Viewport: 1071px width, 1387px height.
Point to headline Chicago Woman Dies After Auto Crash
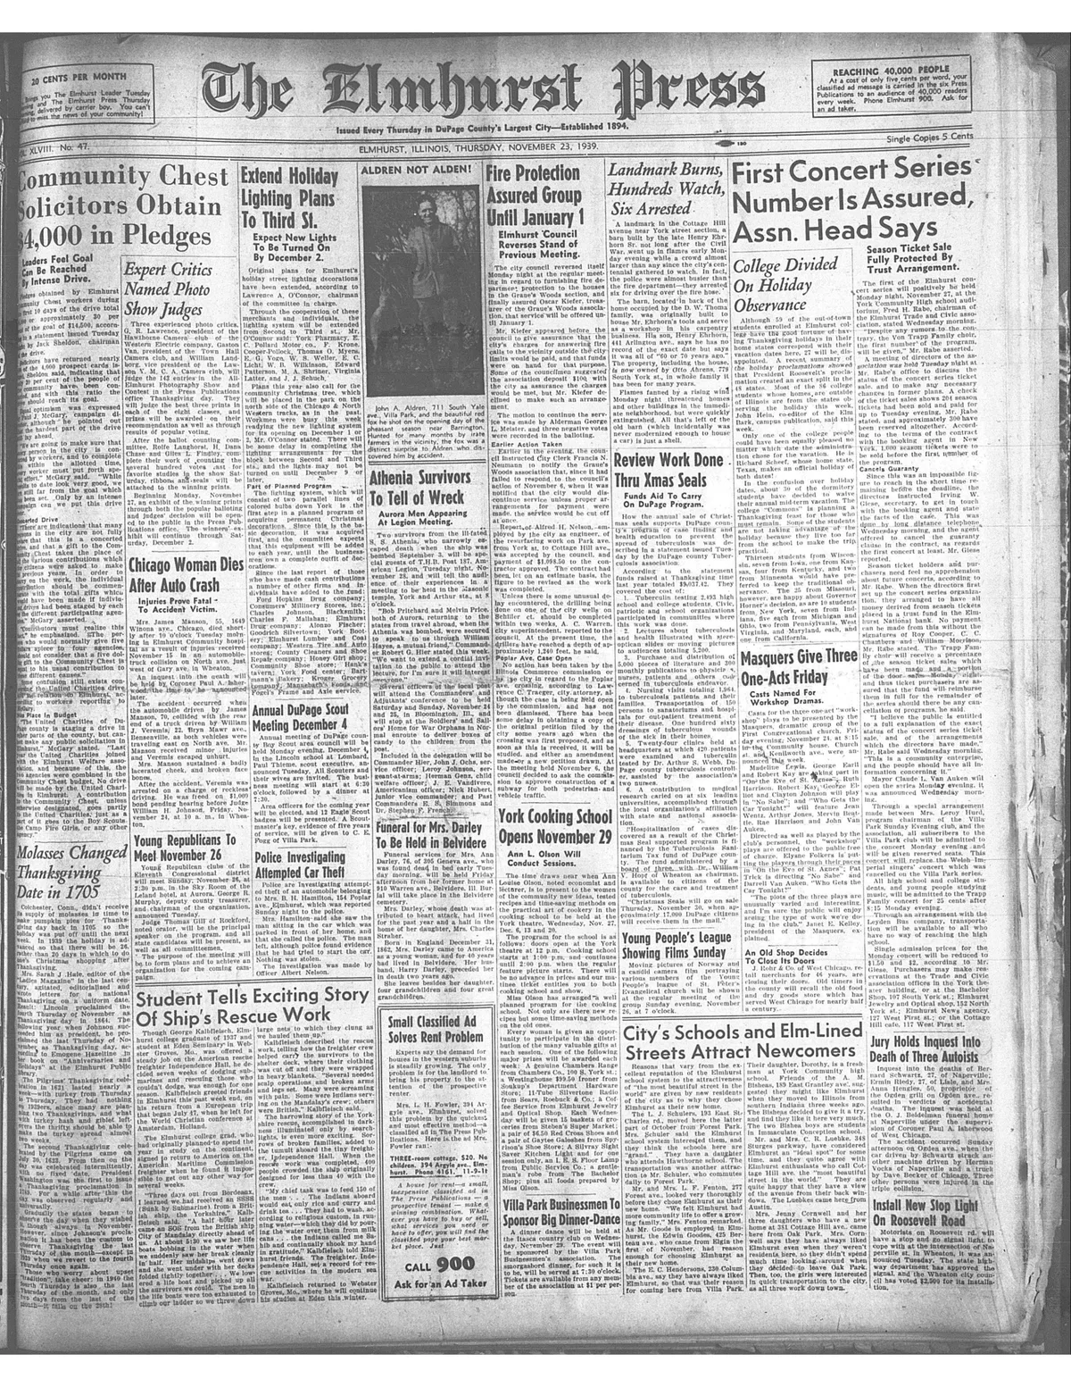click(x=182, y=576)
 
